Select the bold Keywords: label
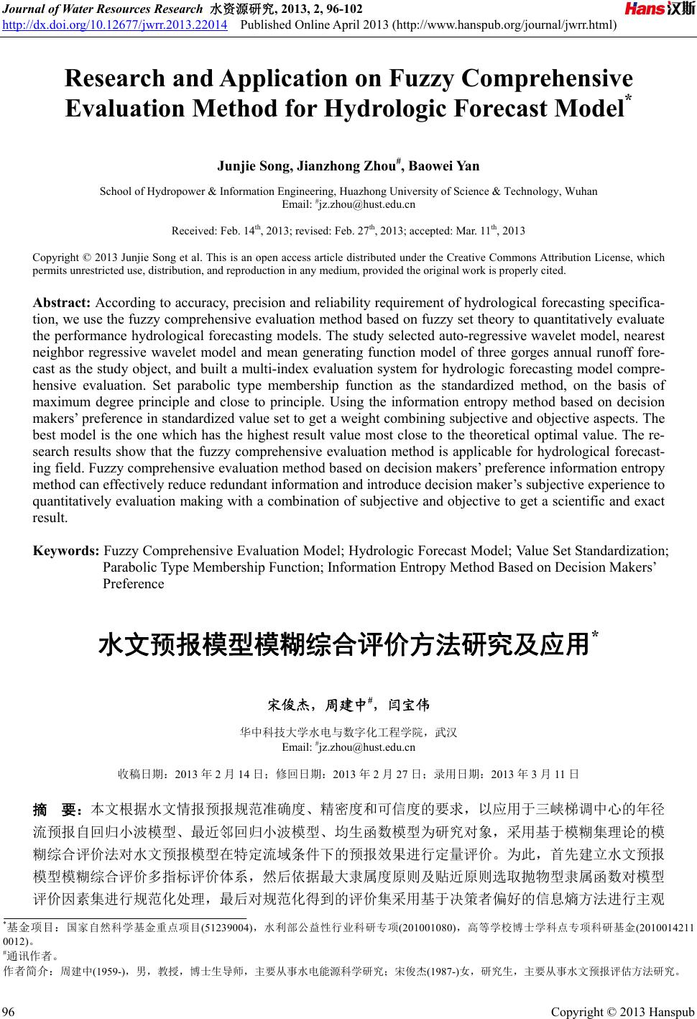(66, 551)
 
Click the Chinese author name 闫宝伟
(408, 705)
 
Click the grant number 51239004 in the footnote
(227, 928)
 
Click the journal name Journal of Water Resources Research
(102, 9)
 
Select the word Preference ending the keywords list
(134, 583)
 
